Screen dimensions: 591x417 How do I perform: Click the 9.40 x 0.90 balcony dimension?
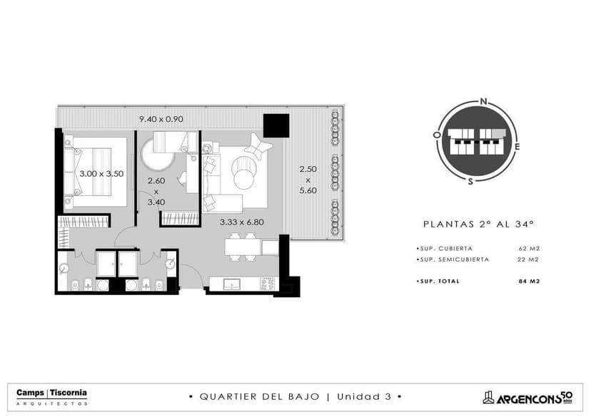[x=161, y=119]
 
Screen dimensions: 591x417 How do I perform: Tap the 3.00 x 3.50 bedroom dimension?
[x=101, y=174]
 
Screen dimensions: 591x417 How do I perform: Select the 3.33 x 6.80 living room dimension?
[x=241, y=222]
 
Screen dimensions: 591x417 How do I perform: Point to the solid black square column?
[x=276, y=125]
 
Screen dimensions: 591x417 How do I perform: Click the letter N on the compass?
[x=484, y=101]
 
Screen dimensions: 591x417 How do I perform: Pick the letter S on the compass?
[x=470, y=182]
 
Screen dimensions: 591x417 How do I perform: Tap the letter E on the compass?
[x=517, y=147]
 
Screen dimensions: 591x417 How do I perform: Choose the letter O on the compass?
[x=437, y=135]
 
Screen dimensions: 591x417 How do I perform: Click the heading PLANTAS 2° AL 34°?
[x=479, y=225]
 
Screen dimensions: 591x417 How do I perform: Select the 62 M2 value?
[x=529, y=248]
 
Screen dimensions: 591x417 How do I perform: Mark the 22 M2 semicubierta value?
[x=528, y=259]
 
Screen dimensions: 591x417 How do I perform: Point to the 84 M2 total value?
[x=529, y=281]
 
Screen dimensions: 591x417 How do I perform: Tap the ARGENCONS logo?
[x=527, y=398]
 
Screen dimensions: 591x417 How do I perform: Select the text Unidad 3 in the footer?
[x=364, y=396]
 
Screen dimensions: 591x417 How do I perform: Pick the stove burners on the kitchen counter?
[x=268, y=284]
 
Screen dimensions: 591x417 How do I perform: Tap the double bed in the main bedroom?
[x=96, y=172]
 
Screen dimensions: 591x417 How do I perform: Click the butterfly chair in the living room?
[x=258, y=146]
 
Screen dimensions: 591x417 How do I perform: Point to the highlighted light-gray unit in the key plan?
[x=498, y=133]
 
